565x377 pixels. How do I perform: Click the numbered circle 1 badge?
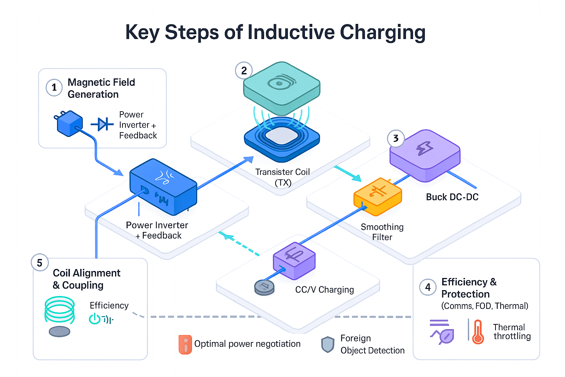coord(54,88)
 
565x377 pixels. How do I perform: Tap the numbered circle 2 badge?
coord(244,70)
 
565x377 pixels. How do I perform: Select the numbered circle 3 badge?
coord(396,138)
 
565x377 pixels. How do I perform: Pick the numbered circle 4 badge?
coord(428,287)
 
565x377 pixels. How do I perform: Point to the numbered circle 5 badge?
coord(40,263)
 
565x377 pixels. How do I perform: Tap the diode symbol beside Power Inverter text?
coord(102,124)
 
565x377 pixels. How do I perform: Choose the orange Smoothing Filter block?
coord(378,197)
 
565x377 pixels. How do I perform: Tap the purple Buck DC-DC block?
coord(425,155)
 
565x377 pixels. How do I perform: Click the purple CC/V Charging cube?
coord(294,261)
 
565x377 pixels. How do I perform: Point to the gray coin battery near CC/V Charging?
coord(264,287)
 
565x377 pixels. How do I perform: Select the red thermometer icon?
coord(478,332)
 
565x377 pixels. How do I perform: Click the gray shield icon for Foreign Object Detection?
coord(327,345)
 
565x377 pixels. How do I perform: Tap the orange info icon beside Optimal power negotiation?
coord(185,345)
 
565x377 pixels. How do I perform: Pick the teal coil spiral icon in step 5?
coord(60,310)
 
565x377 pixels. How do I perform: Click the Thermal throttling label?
coord(512,332)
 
